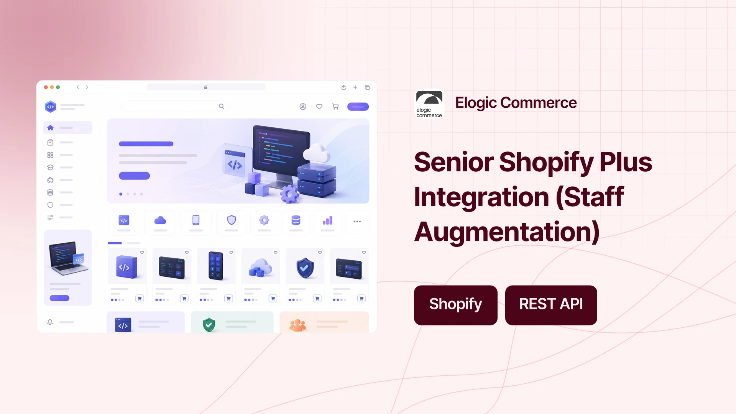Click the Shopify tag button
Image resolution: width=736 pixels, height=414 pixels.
click(455, 305)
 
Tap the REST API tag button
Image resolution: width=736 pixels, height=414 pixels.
click(551, 305)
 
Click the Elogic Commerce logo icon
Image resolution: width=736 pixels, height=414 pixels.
click(429, 104)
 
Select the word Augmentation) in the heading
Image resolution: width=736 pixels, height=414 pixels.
click(507, 232)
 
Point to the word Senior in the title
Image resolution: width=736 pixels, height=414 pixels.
click(453, 162)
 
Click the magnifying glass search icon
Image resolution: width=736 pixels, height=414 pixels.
click(221, 106)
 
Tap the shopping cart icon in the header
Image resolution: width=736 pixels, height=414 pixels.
click(335, 107)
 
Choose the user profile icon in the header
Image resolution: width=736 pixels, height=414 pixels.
click(303, 107)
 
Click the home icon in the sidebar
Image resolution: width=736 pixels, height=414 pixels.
click(50, 128)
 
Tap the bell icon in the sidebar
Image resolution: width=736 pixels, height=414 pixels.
click(50, 322)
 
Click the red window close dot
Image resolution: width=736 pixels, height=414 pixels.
click(46, 87)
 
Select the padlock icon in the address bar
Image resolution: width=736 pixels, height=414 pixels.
click(206, 87)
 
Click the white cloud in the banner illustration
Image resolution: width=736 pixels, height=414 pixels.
click(317, 153)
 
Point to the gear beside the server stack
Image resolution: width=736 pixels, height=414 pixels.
click(290, 194)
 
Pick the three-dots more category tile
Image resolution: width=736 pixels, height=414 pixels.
click(357, 222)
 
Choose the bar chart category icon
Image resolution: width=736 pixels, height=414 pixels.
click(327, 220)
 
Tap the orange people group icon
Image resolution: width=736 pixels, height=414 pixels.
click(297, 325)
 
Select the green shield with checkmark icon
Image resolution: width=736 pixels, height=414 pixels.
click(209, 325)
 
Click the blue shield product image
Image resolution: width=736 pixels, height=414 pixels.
click(305, 268)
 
